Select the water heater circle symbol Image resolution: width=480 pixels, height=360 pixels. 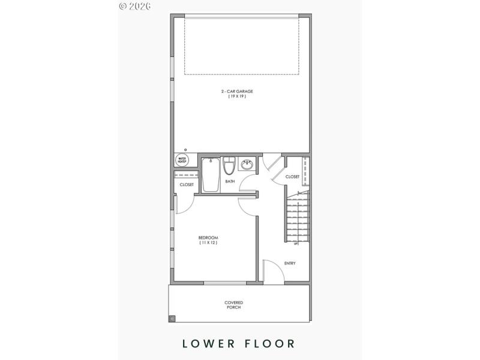pos(182,160)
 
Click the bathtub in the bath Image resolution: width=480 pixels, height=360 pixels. pos(210,175)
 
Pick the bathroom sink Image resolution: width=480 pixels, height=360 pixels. pos(246,164)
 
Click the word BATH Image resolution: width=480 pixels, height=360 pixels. pos(229,181)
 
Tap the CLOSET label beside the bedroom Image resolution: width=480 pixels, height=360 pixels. pos(187,185)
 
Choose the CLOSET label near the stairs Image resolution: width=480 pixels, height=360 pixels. pos(292,177)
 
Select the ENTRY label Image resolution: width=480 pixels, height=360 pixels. pos(290,263)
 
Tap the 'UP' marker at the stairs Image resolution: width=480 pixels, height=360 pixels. pos(296,244)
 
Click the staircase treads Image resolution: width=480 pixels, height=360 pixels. pos(298,219)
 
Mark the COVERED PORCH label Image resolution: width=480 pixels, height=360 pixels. pos(234,305)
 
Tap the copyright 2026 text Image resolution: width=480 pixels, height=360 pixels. pos(134,6)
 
